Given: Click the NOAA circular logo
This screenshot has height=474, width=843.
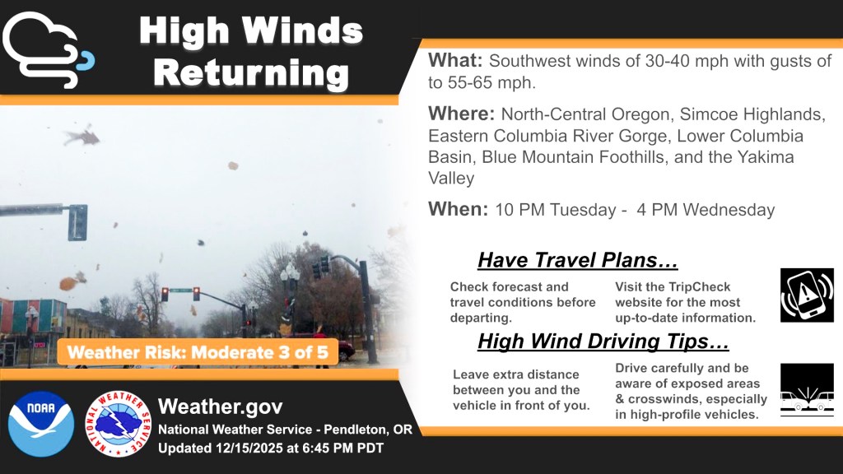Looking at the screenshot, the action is point(41,424).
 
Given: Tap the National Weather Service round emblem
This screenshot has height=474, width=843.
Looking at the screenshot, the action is point(119,424).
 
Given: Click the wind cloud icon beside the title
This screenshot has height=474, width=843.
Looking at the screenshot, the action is point(49,50).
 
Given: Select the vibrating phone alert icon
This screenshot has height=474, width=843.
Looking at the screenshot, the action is point(807,295).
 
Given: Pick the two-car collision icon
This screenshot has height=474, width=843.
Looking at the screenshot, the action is point(807,390).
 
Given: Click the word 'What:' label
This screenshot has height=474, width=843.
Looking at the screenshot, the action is point(455,60).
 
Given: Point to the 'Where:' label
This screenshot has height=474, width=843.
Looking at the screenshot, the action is point(461,114).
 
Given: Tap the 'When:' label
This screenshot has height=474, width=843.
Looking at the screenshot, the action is point(458,208).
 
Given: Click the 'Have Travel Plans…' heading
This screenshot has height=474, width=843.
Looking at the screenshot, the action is point(577,260).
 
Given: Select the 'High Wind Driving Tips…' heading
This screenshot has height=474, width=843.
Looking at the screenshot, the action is point(603,342).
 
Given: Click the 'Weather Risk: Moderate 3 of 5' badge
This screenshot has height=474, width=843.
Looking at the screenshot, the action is point(198,352).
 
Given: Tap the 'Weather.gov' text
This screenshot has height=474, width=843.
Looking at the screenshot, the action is point(221,407).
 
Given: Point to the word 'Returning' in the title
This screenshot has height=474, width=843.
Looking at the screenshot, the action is point(251,73).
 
